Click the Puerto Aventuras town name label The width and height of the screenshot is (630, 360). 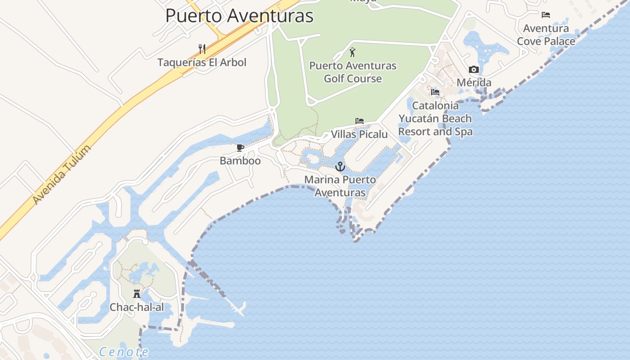[x=239, y=16]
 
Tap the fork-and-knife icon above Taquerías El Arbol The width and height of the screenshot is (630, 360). [x=202, y=49]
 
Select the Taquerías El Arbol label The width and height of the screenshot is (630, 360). [x=202, y=62]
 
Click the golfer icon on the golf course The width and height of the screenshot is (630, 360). [x=352, y=52]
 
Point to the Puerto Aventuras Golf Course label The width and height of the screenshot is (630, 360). [x=353, y=72]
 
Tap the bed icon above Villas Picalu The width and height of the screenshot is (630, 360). [x=359, y=121]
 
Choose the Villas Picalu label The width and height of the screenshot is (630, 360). [x=359, y=134]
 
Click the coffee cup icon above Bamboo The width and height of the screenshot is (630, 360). [x=240, y=148]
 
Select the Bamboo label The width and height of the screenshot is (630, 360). [x=240, y=161]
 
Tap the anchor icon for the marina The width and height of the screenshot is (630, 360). [x=340, y=166]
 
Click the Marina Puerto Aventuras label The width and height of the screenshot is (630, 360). [x=340, y=186]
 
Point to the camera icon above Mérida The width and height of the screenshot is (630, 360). [x=473, y=69]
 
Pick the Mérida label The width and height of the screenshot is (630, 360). [x=474, y=83]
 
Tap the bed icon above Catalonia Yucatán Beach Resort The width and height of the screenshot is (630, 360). [x=435, y=92]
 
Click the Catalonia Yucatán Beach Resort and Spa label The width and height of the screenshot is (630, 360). [x=435, y=118]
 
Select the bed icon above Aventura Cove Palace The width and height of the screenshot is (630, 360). [x=546, y=15]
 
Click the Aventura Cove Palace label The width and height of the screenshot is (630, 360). [x=546, y=35]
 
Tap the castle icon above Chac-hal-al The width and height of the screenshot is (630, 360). [x=137, y=294]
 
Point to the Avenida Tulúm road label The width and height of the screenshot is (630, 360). [x=62, y=174]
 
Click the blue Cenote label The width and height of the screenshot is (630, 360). [x=124, y=352]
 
